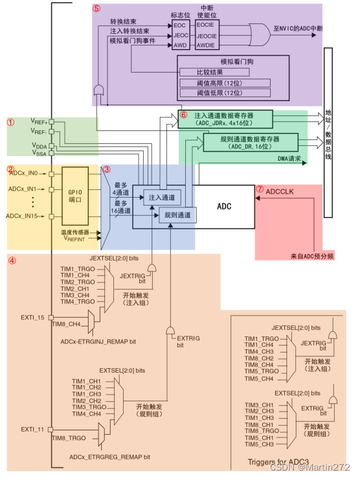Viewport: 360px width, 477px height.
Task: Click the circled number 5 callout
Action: tap(96, 9)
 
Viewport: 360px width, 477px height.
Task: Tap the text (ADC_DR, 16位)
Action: tap(250, 146)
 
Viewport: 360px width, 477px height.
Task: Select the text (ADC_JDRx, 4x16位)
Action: tap(224, 122)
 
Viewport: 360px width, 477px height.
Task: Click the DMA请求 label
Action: tap(290, 158)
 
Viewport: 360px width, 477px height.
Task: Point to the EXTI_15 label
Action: tap(32, 317)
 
